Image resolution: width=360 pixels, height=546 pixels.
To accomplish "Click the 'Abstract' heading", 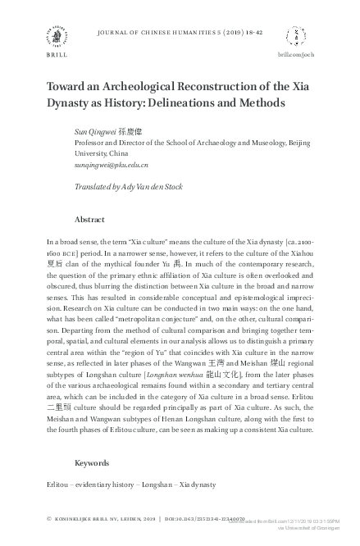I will pyautogui.click(x=89, y=219).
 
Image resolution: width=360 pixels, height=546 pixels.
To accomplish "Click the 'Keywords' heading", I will pyautogui.click(x=92, y=462).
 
